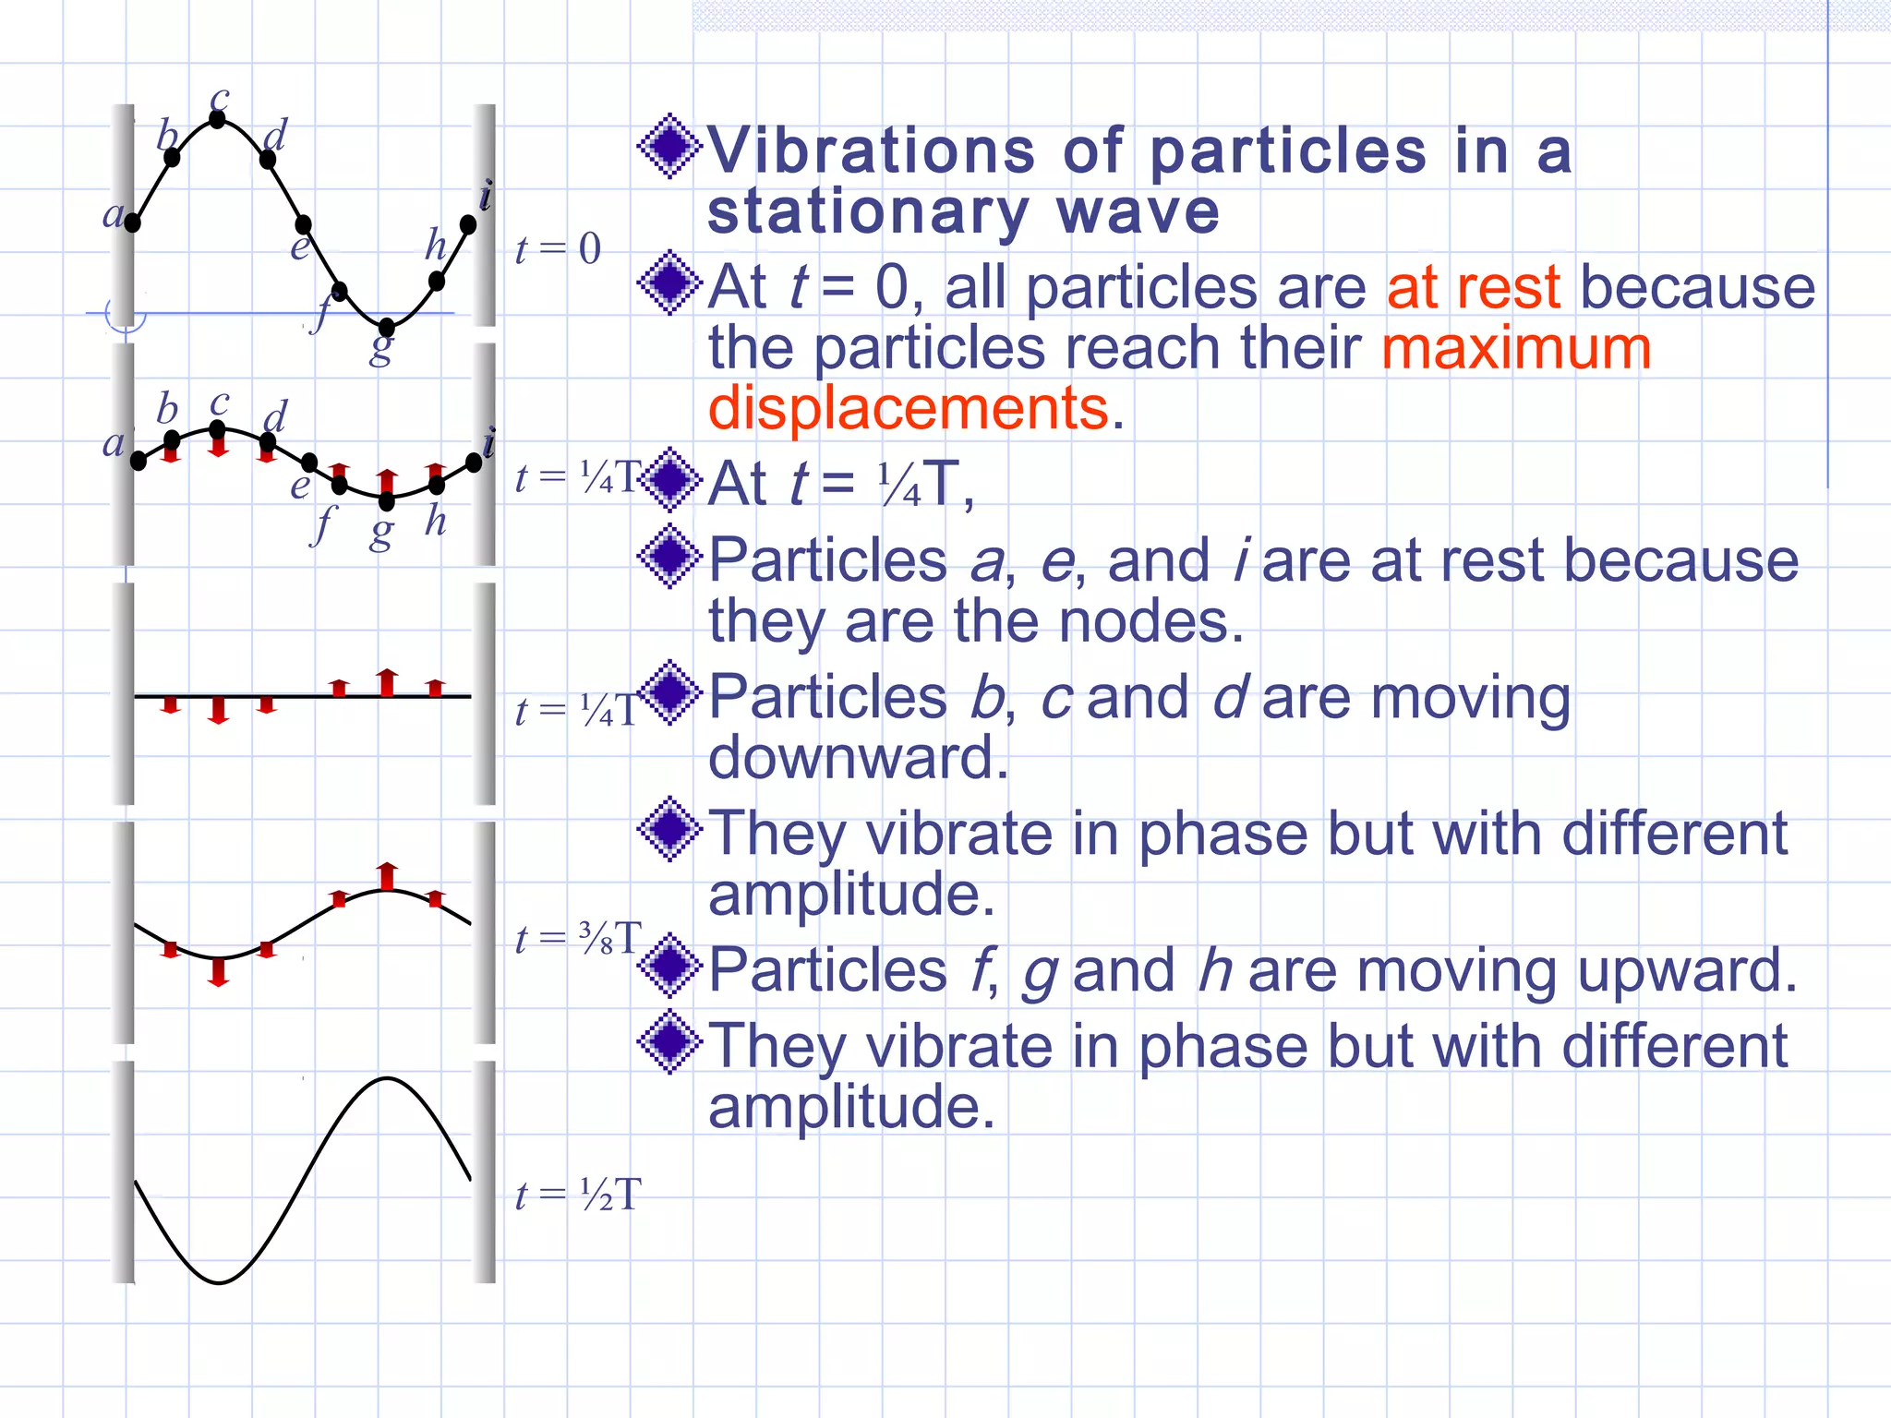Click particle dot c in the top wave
tap(218, 119)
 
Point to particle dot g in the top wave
tap(387, 327)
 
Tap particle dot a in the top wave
tap(133, 222)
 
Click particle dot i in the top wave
tap(468, 224)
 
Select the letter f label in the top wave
tap(320, 314)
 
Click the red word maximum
tap(1516, 349)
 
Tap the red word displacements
tap(908, 408)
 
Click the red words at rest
tap(1473, 287)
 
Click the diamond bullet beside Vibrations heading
tap(670, 147)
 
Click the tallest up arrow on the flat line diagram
tap(388, 681)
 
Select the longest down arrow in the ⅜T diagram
tap(219, 972)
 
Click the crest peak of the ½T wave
tap(387, 1078)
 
